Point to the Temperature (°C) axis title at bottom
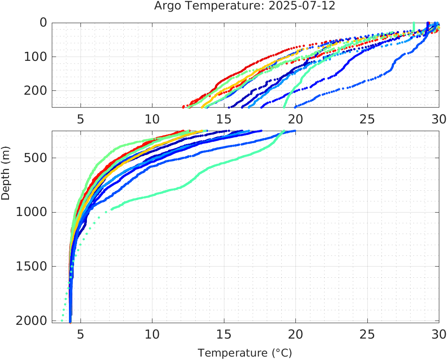tap(244, 353)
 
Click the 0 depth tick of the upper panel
tap(43, 22)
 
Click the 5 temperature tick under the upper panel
tap(80, 119)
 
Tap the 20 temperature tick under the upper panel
tap(295, 119)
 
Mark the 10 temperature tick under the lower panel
tap(152, 335)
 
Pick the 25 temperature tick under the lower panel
tap(367, 335)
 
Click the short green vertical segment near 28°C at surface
tap(414, 27)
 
